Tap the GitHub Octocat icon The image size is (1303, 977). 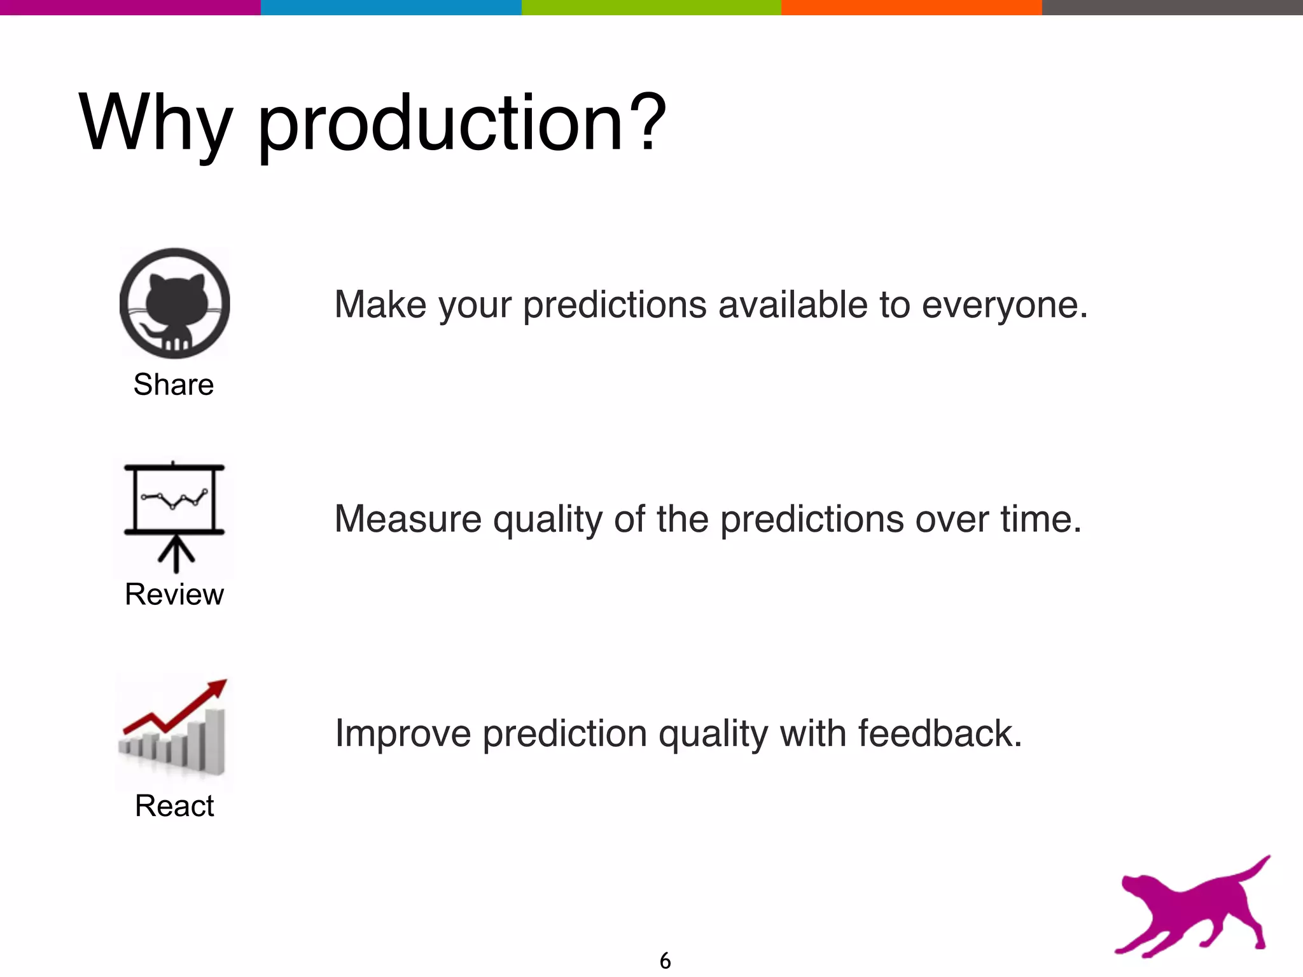(x=175, y=303)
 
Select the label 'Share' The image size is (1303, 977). (x=174, y=385)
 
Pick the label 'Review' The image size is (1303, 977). (x=174, y=595)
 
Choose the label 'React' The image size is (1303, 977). (x=174, y=806)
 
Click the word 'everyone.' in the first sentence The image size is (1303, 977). (x=1005, y=305)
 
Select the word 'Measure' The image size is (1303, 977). (x=408, y=519)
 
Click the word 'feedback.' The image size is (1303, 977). (x=940, y=733)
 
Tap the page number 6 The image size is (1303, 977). (x=665, y=960)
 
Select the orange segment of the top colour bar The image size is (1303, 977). (x=911, y=7)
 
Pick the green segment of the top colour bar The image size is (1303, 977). (x=651, y=7)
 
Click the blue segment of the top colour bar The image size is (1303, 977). (x=391, y=7)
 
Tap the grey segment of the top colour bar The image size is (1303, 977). (x=1172, y=7)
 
